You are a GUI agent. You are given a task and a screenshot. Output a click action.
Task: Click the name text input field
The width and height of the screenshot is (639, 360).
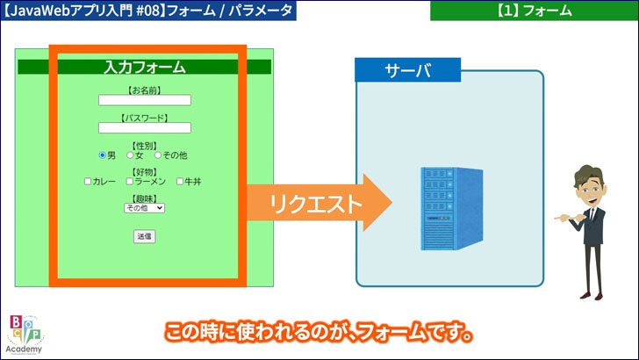pos(144,100)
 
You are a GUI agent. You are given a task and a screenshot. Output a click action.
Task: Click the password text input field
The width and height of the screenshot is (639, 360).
pos(144,127)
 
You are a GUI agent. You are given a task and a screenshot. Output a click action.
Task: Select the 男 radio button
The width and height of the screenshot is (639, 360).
pos(102,155)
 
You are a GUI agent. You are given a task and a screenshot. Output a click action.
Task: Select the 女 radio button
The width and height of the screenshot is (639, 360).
pos(130,155)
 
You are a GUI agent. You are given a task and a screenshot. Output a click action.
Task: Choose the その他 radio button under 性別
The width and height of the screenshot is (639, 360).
pos(158,155)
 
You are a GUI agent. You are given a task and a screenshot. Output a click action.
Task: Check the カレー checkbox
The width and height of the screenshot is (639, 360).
pos(88,182)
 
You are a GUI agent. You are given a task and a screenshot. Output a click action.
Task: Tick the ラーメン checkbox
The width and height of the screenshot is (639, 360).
pos(129,182)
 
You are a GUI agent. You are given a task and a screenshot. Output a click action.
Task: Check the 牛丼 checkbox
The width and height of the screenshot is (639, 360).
pos(180,182)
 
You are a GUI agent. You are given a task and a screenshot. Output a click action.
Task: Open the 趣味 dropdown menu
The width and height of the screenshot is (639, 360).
pos(144,208)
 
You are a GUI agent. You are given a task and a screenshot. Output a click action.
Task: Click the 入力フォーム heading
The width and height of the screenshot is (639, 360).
pos(144,67)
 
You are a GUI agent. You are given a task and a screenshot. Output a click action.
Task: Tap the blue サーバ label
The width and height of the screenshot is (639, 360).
pos(407,70)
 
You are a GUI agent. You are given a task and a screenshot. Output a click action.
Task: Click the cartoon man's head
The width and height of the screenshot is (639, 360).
pos(585,181)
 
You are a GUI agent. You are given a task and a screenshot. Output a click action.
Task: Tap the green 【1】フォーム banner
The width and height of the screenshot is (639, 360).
pos(534,11)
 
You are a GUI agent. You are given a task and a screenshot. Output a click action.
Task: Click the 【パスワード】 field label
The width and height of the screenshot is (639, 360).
pos(144,117)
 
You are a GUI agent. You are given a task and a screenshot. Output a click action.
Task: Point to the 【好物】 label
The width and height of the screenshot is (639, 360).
pos(144,171)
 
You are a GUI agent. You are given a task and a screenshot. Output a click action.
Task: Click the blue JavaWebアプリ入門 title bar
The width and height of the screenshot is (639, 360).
pos(149,11)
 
